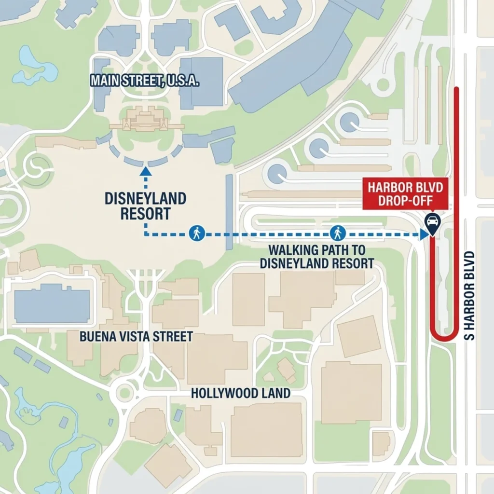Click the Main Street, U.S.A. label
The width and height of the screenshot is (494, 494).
tap(145, 81)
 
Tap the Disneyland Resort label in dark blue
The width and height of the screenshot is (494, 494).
tap(145, 206)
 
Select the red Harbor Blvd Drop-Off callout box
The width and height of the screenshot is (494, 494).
tap(405, 194)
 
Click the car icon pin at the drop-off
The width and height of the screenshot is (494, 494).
tap(432, 222)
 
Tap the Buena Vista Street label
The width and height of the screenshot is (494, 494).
tap(137, 336)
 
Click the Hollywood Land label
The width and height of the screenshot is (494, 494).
tap(241, 393)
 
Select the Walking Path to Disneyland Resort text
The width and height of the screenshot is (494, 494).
tap(317, 257)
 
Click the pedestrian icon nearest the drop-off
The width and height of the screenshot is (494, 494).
tap(337, 233)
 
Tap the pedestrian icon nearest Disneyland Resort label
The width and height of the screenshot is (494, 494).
tap(196, 233)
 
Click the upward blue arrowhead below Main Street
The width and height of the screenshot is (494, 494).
tap(145, 171)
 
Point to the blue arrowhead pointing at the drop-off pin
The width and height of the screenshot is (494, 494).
tap(424, 234)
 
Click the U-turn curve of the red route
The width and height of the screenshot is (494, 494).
tap(444, 336)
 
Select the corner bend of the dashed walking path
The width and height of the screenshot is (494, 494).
tap(145, 234)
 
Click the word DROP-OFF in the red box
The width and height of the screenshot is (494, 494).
tap(405, 201)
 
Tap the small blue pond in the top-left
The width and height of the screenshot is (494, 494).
tap(34, 68)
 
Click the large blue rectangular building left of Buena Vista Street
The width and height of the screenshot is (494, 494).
tap(52, 304)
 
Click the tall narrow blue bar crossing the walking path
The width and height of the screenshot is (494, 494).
tap(229, 212)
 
